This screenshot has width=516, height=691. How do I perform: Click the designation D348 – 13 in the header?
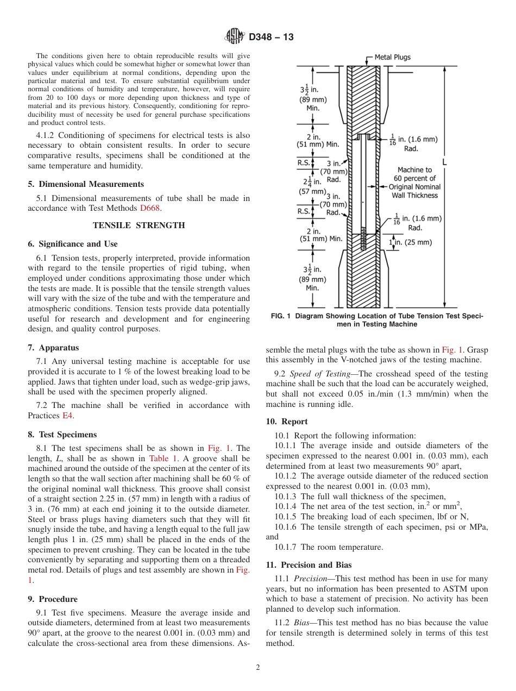coord(271,37)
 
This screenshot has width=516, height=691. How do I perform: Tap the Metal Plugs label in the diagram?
coord(392,57)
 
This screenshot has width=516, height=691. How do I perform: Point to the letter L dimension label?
coord(445,162)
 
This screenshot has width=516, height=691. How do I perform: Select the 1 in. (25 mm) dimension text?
coord(410,242)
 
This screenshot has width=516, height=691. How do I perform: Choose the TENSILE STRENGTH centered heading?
coord(139,225)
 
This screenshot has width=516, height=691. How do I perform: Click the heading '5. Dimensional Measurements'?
coord(86,184)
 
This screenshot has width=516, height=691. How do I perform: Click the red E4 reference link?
coord(68,416)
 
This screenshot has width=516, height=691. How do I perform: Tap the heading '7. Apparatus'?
coord(53,348)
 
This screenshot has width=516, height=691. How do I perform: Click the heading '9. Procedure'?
coord(53,599)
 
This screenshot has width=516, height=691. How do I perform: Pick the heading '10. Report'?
coord(287,422)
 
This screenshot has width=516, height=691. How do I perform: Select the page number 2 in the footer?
coord(258,668)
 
